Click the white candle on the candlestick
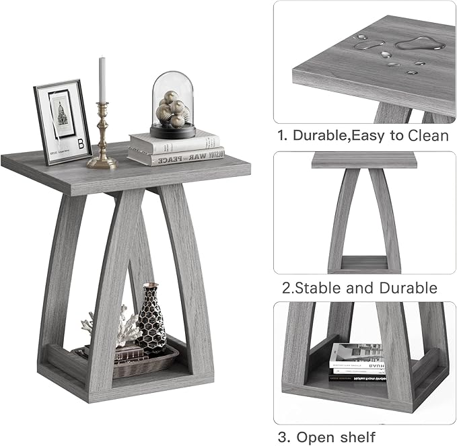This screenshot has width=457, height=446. coord(103,79)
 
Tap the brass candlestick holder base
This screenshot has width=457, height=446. coord(102,162)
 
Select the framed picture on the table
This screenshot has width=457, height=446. coord(62,122)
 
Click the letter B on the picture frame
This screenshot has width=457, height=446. coord(81,143)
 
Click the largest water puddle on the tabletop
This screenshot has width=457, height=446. coord(421,45)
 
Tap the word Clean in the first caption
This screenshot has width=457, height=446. coord(426,135)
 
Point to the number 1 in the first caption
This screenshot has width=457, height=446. coord(282,135)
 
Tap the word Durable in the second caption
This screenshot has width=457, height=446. coord(407,289)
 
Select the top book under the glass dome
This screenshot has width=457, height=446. coord(174,142)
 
